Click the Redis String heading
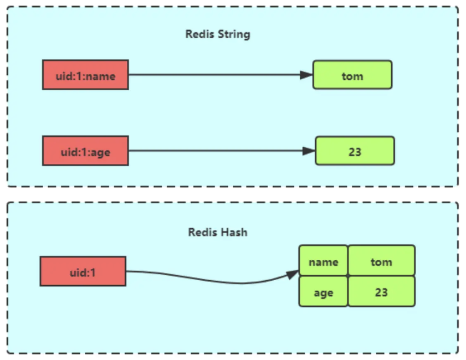[218, 34]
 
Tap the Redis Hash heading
[218, 232]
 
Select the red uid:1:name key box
[85, 75]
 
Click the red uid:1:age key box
[85, 151]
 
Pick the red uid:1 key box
[83, 271]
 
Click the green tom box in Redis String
[352, 75]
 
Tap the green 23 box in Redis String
[355, 151]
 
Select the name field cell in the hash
[323, 261]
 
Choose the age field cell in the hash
[323, 291]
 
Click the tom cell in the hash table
[381, 261]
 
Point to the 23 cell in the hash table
[381, 291]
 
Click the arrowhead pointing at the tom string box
[306, 75]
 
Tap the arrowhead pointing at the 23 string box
[309, 151]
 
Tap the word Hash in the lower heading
[234, 232]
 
